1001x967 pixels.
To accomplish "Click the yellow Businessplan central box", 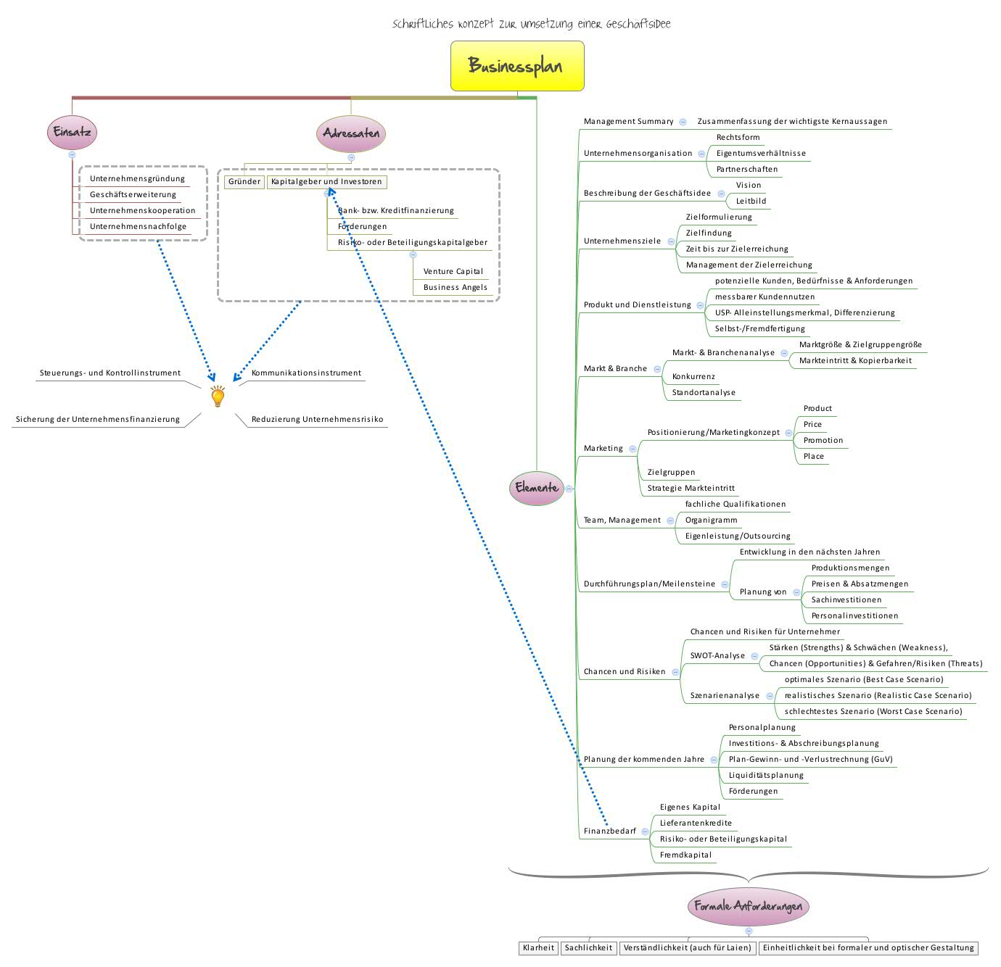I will (x=517, y=66).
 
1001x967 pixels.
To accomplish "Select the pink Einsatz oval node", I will (x=72, y=133).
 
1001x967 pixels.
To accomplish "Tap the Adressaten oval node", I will (x=351, y=133).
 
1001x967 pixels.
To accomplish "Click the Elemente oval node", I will (x=537, y=488).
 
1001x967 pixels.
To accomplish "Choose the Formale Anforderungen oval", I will (x=748, y=906).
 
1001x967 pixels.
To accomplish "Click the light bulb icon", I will (x=218, y=397).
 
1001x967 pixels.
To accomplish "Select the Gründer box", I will (x=244, y=182).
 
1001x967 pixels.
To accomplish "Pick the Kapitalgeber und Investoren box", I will (x=326, y=182).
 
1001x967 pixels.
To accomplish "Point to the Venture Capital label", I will (x=453, y=271).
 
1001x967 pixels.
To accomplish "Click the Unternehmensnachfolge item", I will (x=138, y=227).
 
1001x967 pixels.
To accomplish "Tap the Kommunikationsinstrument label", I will (x=306, y=373).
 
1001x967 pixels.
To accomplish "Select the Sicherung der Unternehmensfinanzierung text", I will (x=98, y=420).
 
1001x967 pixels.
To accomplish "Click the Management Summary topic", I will (x=628, y=122).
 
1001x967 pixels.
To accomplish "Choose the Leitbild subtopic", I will (x=751, y=202).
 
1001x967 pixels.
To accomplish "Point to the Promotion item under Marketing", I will (x=823, y=441).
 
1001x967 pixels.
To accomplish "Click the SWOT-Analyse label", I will (x=717, y=656).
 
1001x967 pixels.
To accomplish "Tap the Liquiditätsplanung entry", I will (x=766, y=776).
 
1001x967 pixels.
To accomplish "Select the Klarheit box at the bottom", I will (x=538, y=948).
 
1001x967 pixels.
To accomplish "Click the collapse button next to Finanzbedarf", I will (x=645, y=831).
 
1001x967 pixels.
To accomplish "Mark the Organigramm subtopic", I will (x=711, y=520).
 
